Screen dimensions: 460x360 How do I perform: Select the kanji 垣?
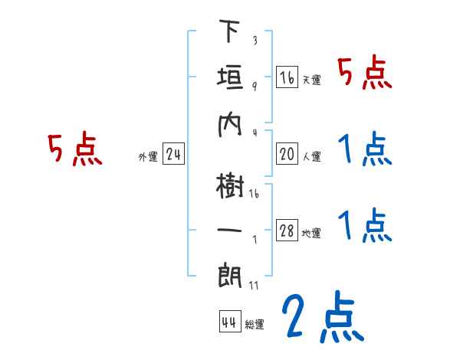coord(229,77)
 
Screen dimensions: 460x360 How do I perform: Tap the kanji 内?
coord(229,123)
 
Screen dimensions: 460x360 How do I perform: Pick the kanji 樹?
coord(229,185)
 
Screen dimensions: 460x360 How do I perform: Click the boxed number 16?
coord(287,78)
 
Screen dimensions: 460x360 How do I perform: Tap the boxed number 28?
coord(287,231)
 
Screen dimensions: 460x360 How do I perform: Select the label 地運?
coord(311,234)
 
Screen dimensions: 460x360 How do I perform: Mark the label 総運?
coord(255,324)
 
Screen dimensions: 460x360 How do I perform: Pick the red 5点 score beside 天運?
coord(365,74)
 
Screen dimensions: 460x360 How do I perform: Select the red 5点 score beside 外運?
coord(74,150)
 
